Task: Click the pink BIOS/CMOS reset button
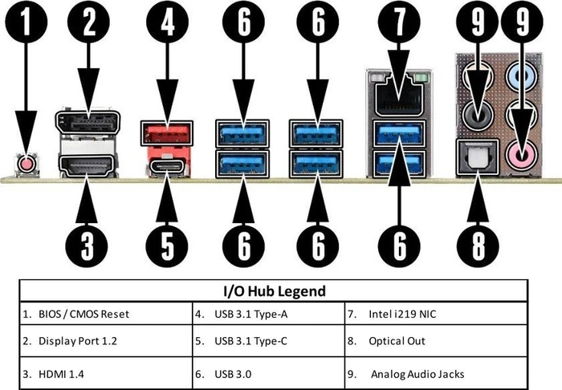click(x=26, y=165)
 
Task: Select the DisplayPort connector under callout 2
click(x=88, y=123)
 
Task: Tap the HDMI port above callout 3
click(x=88, y=166)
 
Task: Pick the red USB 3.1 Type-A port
click(x=167, y=133)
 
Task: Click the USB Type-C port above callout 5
click(x=167, y=166)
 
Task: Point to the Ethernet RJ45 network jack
click(x=399, y=96)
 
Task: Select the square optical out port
click(x=479, y=156)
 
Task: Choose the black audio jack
click(x=478, y=116)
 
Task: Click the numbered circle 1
click(x=26, y=22)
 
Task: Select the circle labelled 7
click(x=399, y=22)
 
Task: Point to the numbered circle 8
click(x=478, y=246)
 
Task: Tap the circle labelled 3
click(x=87, y=246)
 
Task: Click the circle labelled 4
click(x=167, y=22)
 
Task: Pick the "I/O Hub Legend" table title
click(x=275, y=290)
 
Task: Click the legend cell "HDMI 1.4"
click(x=61, y=375)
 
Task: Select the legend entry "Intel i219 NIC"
click(x=402, y=314)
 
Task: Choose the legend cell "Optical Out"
click(x=397, y=341)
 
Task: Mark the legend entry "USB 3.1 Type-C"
click(x=250, y=341)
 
